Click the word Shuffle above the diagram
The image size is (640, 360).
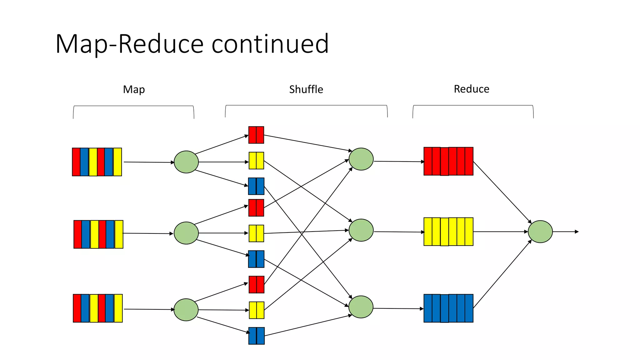coord(306,89)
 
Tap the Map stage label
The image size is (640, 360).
coord(134,90)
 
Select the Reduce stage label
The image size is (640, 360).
coord(471,89)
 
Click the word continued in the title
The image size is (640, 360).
coord(270,44)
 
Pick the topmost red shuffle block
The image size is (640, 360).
coord(256,135)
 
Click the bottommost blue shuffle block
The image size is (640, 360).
coord(256,336)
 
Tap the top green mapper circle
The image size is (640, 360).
coord(186,162)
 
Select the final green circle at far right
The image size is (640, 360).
coord(540,232)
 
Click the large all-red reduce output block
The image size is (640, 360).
coord(448,161)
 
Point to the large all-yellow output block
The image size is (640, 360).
coord(448,232)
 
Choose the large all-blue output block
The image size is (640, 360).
coord(448,308)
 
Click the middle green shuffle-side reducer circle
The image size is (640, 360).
coord(361,230)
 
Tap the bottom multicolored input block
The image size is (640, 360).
coord(98,308)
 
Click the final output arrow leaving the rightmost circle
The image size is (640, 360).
coord(566,232)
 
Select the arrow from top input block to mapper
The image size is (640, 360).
coord(148,162)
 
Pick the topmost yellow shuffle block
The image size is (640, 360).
coord(256,161)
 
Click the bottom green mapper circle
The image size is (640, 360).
coord(186,310)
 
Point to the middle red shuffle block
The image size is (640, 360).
coord(256,208)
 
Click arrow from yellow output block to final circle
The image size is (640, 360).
coord(500,232)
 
